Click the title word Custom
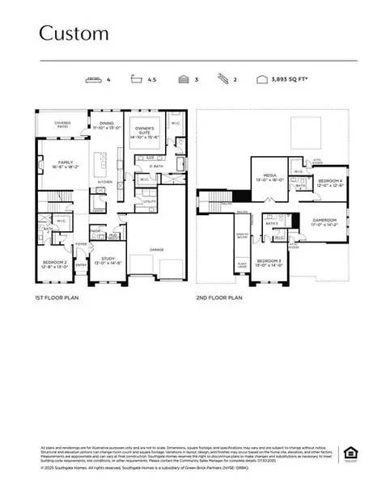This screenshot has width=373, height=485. point(74,33)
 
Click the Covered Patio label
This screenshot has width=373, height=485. point(62,125)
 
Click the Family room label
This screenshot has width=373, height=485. point(65,163)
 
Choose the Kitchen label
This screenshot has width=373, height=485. point(105,182)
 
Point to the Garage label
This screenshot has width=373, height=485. point(156,250)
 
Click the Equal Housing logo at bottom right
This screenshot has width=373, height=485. point(350,451)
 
